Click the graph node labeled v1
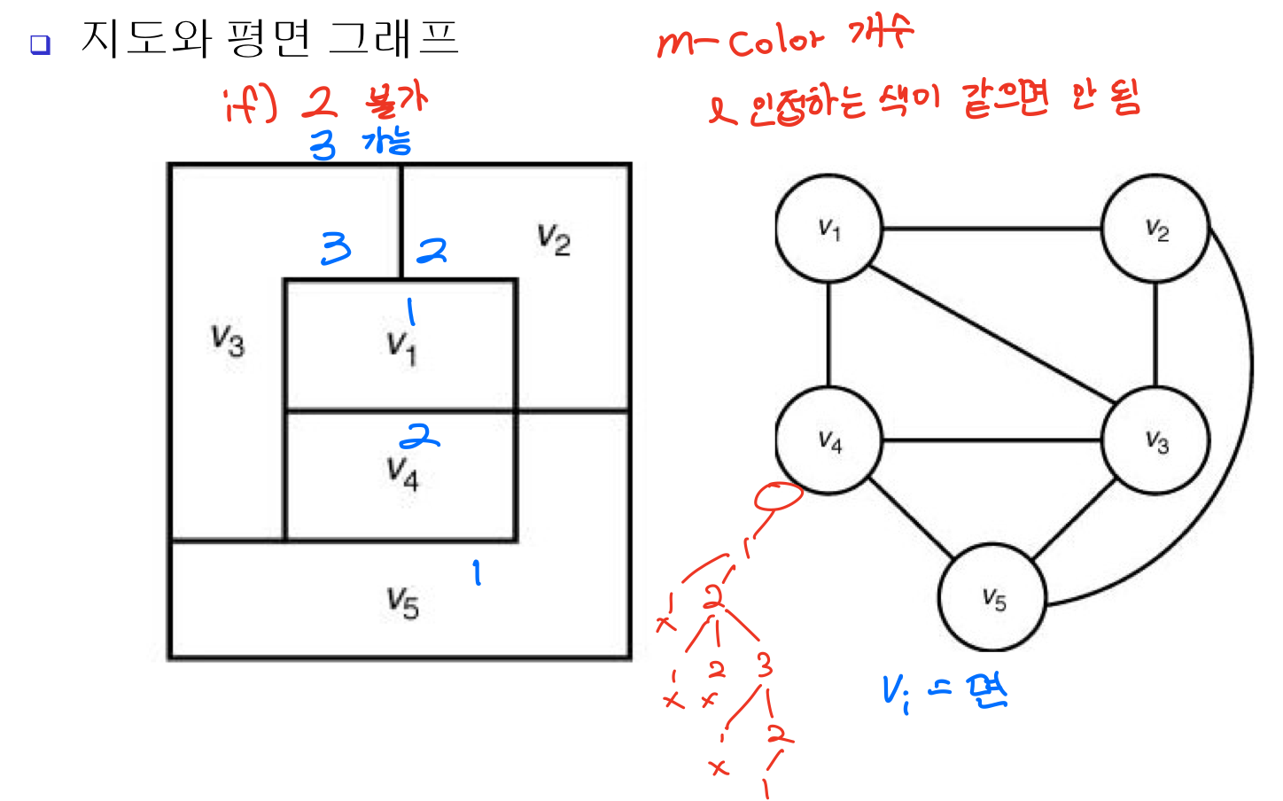coord(829,229)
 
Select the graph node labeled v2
coord(1155,229)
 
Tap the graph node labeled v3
coord(1155,439)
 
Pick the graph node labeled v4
coord(829,439)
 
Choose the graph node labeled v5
coord(992,598)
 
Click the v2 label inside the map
coord(554,239)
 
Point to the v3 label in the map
coord(228,340)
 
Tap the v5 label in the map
coord(402,603)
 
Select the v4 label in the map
coord(402,472)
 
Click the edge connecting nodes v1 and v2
coord(992,229)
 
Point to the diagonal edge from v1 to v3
coord(992,335)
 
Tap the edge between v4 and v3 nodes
coord(992,439)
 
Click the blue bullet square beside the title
coord(40,44)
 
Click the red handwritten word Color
coord(776,41)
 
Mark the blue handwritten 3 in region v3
coord(336,248)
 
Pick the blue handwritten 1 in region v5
coord(477,572)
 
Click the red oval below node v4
coord(778,496)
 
